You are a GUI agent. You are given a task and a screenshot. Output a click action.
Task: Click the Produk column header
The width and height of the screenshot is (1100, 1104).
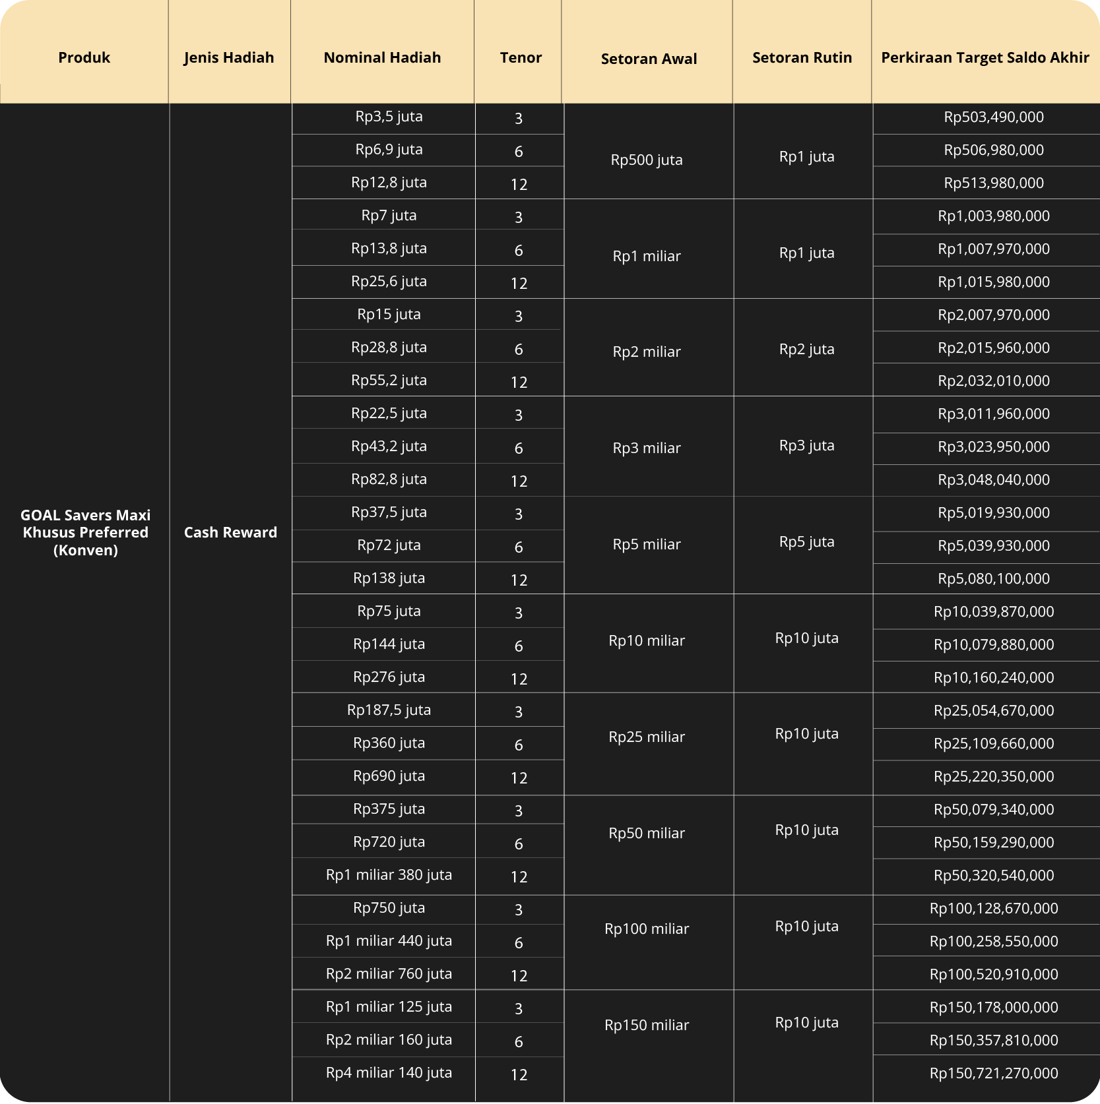pyautogui.click(x=84, y=57)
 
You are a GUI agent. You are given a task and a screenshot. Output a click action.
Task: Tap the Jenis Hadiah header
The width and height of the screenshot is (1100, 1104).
pyautogui.click(x=229, y=57)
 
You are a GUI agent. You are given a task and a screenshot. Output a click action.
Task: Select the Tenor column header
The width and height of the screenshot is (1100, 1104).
pyautogui.click(x=521, y=57)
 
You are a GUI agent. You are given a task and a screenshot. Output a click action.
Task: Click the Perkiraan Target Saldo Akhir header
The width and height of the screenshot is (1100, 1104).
pyautogui.click(x=985, y=57)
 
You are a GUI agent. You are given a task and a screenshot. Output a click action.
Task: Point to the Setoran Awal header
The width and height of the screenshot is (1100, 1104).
pyautogui.click(x=649, y=59)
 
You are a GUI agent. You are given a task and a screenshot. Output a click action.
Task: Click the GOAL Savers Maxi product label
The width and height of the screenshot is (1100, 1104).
pyautogui.click(x=85, y=532)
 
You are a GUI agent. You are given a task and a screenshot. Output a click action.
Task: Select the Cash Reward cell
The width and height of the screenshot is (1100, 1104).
pyautogui.click(x=230, y=532)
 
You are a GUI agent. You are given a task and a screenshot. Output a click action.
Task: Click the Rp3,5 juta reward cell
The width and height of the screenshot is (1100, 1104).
pyautogui.click(x=389, y=117)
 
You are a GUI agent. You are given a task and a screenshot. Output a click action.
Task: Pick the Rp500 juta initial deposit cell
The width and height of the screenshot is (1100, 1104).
pyautogui.click(x=647, y=160)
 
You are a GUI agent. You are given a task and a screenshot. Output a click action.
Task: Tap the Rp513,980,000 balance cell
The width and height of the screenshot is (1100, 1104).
pyautogui.click(x=993, y=183)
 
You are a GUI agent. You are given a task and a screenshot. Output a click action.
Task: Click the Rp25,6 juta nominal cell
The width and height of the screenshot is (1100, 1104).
pyautogui.click(x=389, y=282)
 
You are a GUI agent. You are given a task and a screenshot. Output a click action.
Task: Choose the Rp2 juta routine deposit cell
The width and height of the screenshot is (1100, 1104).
pyautogui.click(x=806, y=349)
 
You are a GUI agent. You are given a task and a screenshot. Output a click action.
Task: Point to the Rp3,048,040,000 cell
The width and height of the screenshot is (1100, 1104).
pyautogui.click(x=993, y=479)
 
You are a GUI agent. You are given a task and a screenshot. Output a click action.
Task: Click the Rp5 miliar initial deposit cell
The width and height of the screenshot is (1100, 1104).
pyautogui.click(x=647, y=544)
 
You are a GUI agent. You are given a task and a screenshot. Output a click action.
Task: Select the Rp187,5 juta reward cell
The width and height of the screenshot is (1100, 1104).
pyautogui.click(x=389, y=710)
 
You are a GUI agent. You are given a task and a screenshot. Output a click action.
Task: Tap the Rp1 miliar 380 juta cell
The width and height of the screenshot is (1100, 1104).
pyautogui.click(x=389, y=875)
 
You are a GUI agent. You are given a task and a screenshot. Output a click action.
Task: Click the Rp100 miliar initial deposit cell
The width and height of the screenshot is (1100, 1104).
pyautogui.click(x=647, y=929)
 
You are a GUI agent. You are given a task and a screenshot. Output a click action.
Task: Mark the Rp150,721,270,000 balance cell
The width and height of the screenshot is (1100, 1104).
pyautogui.click(x=993, y=1073)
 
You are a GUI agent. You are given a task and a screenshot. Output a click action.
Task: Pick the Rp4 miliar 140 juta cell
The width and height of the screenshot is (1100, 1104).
pyautogui.click(x=389, y=1073)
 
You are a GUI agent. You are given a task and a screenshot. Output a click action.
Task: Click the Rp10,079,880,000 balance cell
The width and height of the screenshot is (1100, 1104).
pyautogui.click(x=993, y=644)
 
